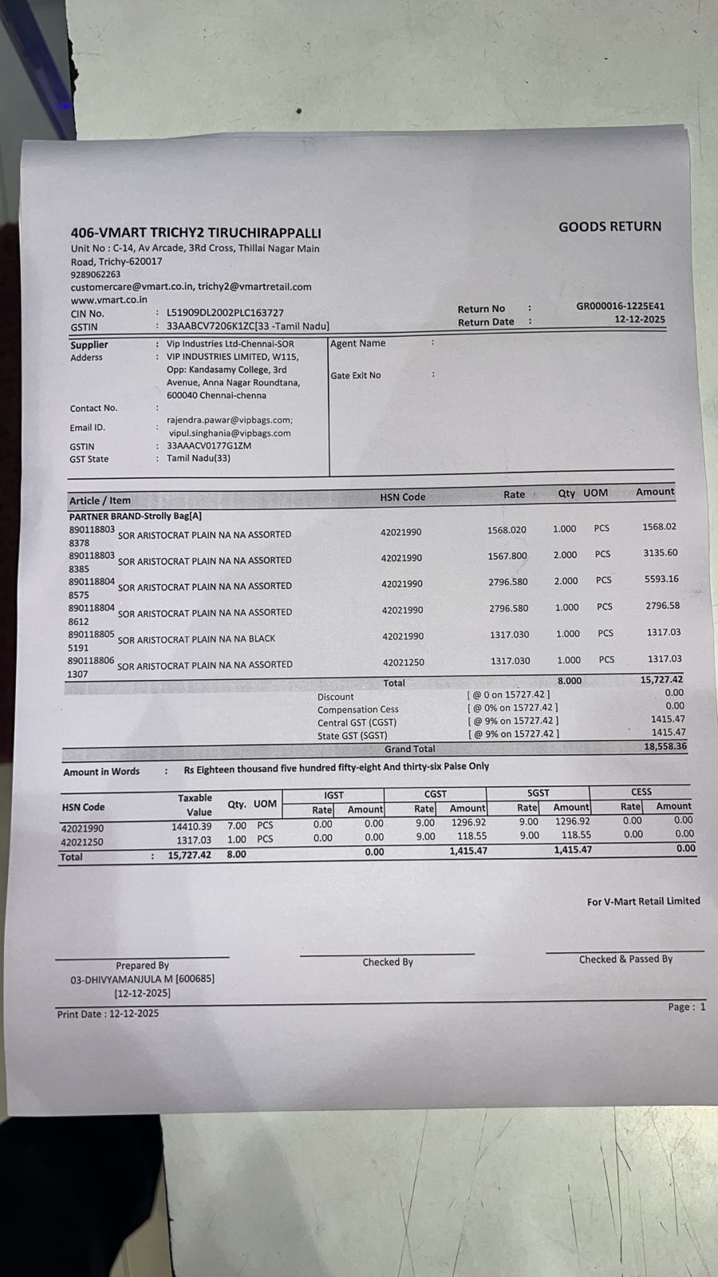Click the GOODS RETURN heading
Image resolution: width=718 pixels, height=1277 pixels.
pos(610,227)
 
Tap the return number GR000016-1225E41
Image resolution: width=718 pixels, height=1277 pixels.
pos(620,306)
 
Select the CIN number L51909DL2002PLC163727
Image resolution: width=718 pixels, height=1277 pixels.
pos(225,313)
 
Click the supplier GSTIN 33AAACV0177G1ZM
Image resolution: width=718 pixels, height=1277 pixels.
pos(209,446)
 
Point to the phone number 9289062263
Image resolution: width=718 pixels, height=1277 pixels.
pos(96,274)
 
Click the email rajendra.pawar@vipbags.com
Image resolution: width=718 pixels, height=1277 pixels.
pos(229,420)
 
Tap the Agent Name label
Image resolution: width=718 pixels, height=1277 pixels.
pos(358,343)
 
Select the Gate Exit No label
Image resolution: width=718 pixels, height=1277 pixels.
pos(356,375)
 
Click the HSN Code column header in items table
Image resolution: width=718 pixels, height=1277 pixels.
pos(403,497)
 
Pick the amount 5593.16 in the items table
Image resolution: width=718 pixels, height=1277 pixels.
pos(661,579)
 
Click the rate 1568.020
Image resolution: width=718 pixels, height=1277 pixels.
pos(507,530)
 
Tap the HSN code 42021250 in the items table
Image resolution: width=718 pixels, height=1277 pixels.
pos(404,662)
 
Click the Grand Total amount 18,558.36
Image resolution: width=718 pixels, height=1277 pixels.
pos(665,746)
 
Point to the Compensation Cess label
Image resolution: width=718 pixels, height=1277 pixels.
pos(357,710)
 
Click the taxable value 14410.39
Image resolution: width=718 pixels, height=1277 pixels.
pos(191,827)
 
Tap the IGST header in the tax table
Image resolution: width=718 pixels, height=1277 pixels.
pos(333,795)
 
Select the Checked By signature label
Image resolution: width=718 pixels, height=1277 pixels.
pos(388,963)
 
